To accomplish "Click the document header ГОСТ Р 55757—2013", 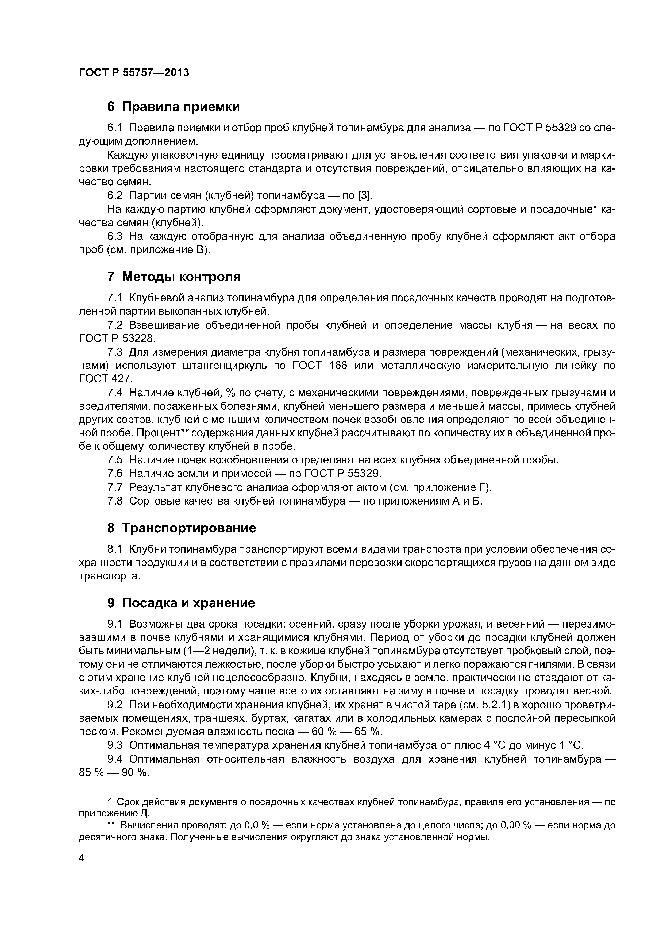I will [134, 73].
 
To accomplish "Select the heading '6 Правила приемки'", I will [173, 107].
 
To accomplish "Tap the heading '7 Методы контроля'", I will [174, 277].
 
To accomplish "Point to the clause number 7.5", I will [115, 460].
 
